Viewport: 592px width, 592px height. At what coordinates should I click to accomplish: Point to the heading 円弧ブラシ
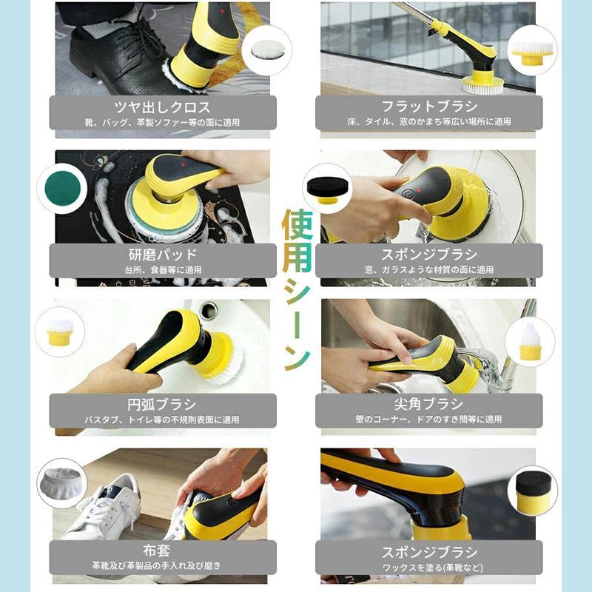pyautogui.click(x=162, y=404)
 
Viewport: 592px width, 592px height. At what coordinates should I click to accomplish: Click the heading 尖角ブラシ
pyautogui.click(x=429, y=404)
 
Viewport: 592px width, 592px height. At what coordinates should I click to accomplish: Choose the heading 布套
pyautogui.click(x=162, y=551)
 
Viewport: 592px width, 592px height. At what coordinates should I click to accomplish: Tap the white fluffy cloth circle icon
pyautogui.click(x=266, y=50)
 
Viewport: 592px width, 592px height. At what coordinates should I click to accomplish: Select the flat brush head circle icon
pyautogui.click(x=532, y=50)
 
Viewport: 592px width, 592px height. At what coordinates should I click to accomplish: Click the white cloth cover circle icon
pyautogui.click(x=61, y=482)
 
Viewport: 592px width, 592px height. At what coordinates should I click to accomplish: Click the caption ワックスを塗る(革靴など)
pyautogui.click(x=429, y=567)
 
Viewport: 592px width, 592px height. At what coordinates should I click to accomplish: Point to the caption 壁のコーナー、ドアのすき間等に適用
pyautogui.click(x=429, y=420)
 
